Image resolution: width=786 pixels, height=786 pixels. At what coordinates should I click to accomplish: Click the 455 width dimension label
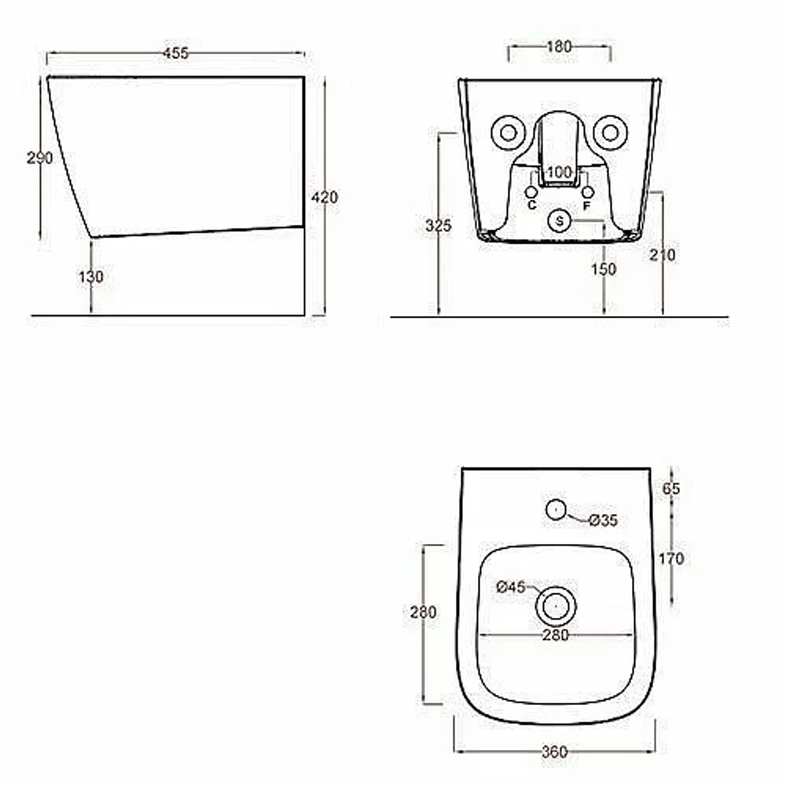[176, 53]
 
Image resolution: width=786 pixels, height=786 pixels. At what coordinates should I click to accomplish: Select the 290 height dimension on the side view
[39, 159]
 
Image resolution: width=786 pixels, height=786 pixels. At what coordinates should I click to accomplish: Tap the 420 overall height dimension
[325, 197]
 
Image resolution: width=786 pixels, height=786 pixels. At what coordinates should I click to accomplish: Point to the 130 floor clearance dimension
[90, 277]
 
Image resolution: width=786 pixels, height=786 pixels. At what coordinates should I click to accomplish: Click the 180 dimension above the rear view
[558, 46]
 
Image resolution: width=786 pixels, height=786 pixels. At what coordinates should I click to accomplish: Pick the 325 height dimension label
[438, 226]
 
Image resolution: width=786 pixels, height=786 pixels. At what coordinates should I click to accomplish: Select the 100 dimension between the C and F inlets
[559, 172]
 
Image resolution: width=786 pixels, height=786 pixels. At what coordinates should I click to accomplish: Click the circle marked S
[560, 221]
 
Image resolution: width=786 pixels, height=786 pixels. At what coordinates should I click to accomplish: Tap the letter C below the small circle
[532, 205]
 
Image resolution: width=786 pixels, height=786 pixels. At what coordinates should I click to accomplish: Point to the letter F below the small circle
[586, 205]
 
